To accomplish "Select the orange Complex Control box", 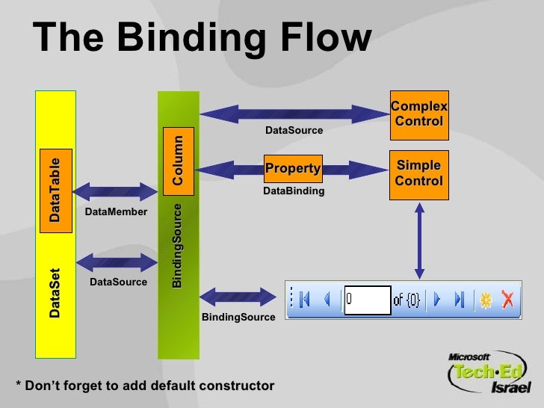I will pyautogui.click(x=419, y=115).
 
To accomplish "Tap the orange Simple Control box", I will pyautogui.click(x=419, y=173).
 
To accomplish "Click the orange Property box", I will pyautogui.click(x=293, y=169).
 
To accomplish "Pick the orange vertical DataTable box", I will pyautogui.click(x=55, y=189).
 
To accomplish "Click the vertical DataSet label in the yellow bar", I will pyautogui.click(x=55, y=293).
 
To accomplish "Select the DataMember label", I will pyautogui.click(x=117, y=213).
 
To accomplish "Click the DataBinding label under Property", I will pyautogui.click(x=294, y=191).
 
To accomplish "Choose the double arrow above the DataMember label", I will pyautogui.click(x=111, y=190).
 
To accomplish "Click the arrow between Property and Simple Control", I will pyautogui.click(x=355, y=167).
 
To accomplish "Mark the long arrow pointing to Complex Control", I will pyautogui.click(x=294, y=114).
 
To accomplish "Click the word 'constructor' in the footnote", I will pyautogui.click(x=238, y=386).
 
